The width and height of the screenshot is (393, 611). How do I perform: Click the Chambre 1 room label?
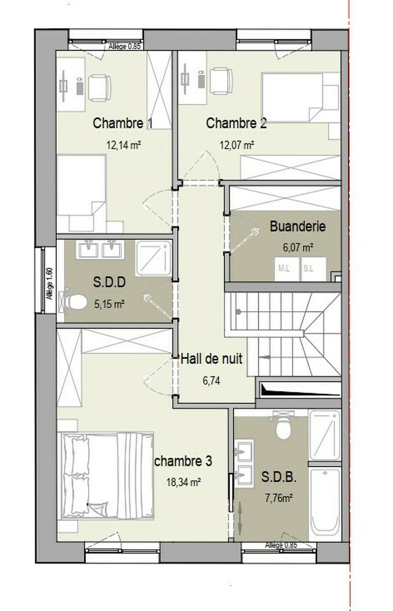(x=123, y=123)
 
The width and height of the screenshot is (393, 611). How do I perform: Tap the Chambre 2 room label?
(x=236, y=123)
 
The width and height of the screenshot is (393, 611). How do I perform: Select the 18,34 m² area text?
(x=184, y=482)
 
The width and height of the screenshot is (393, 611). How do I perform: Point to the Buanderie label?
(x=298, y=226)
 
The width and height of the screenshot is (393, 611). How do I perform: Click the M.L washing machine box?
(x=287, y=269)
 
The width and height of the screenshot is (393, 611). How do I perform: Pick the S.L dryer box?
(x=313, y=269)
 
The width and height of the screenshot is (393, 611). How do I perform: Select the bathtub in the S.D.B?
(x=325, y=502)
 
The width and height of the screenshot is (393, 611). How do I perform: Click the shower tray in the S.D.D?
(x=153, y=258)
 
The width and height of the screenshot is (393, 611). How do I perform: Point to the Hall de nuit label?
(x=212, y=358)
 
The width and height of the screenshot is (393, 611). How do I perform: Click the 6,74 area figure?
(x=211, y=381)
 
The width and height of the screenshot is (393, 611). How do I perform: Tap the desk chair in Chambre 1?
(x=99, y=88)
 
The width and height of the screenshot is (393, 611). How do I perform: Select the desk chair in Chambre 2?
(x=221, y=81)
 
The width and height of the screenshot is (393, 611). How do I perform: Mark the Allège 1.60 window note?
(x=49, y=283)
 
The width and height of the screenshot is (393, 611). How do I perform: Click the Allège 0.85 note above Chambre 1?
(x=124, y=47)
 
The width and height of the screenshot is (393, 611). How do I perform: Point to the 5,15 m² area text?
(x=109, y=304)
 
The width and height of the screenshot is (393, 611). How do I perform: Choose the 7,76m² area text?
(x=279, y=498)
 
